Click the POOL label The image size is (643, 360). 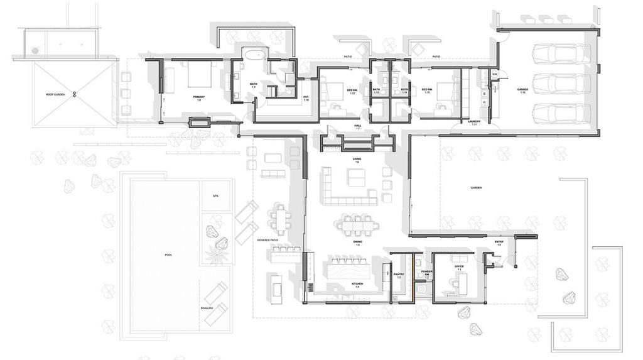click(x=168, y=255)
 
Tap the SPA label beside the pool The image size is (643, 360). click(x=215, y=197)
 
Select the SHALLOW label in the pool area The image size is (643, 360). click(x=207, y=308)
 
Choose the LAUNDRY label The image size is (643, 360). click(x=474, y=123)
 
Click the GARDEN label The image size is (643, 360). click(x=476, y=188)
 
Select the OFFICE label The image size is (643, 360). click(x=458, y=268)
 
